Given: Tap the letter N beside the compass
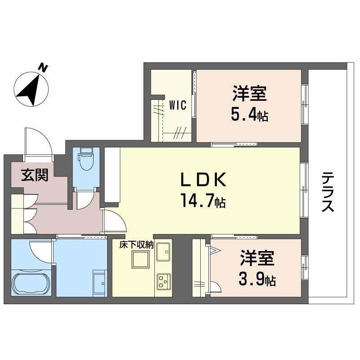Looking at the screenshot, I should [43, 68].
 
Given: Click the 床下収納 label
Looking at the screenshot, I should [137, 245].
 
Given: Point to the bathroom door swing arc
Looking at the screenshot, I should [40, 252].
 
